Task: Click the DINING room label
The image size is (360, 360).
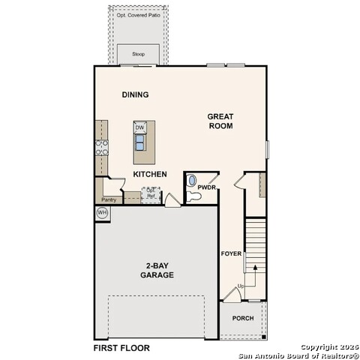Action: [x=135, y=94]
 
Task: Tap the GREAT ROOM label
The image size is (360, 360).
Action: [x=220, y=121]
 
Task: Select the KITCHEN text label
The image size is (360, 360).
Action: [x=150, y=174]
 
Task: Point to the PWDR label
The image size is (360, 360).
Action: [x=207, y=187]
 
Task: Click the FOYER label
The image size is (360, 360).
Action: [x=231, y=253]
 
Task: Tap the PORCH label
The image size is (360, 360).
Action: [x=242, y=318]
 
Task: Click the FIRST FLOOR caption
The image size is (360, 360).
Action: [x=121, y=348]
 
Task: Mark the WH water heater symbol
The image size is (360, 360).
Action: [x=102, y=214]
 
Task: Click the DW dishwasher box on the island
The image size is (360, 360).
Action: [x=139, y=128]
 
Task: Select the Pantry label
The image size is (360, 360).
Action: [x=109, y=199]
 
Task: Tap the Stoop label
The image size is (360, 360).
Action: [x=139, y=54]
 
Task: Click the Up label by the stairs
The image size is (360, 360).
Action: [x=241, y=286]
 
